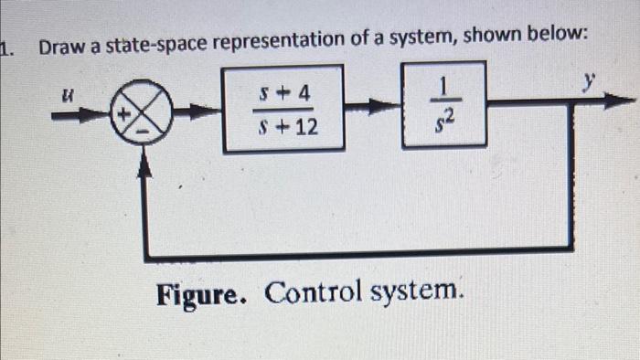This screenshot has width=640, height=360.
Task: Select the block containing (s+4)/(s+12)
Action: [284, 109]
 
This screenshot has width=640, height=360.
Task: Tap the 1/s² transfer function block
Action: [443, 104]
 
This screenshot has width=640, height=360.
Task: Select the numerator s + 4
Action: [284, 92]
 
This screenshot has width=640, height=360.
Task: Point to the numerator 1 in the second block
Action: [443, 88]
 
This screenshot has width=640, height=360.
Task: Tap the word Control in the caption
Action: [313, 293]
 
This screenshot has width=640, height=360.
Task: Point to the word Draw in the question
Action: [59, 42]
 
